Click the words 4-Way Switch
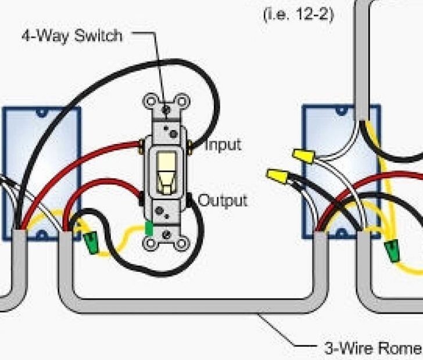pos(71,35)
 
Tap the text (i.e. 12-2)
pos(299,14)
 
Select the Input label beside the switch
pos(223,145)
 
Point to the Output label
pos(223,201)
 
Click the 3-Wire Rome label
pos(372,348)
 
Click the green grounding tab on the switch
pos(149,228)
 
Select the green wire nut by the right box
pos(393,250)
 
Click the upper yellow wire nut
pos(303,155)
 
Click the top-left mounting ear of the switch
pos(150,102)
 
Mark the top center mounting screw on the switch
pos(167,108)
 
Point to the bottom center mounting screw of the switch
pos(167,233)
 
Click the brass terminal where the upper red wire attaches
pos(142,143)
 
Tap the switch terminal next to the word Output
pos(190,200)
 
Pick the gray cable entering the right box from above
pos(363,58)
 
